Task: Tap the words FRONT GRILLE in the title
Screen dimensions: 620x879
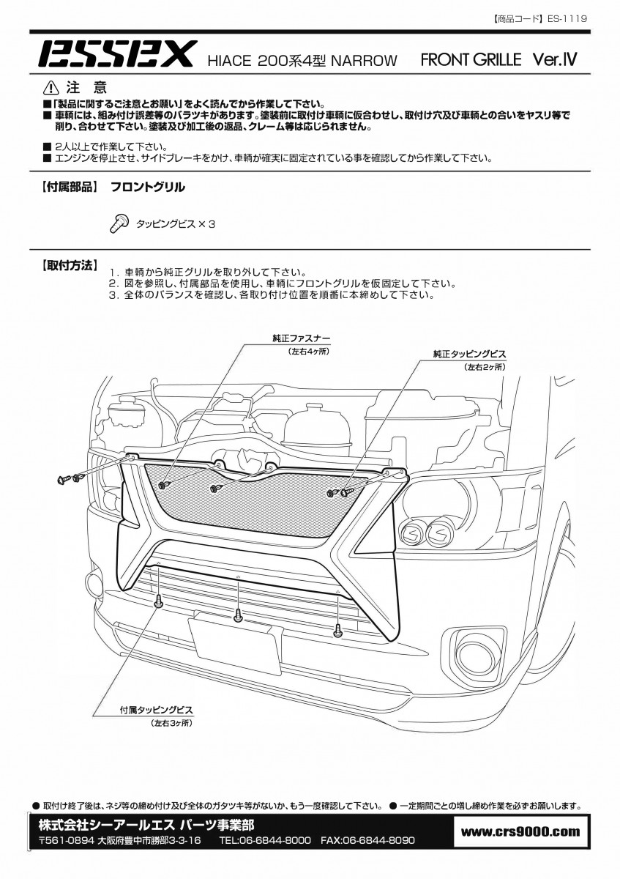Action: pos(471,59)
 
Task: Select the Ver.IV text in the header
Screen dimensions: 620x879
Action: pos(555,59)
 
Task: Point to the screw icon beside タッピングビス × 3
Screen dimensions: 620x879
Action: pos(119,223)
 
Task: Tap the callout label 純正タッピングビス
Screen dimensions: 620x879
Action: pos(469,354)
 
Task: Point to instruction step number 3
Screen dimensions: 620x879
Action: pos(113,294)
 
